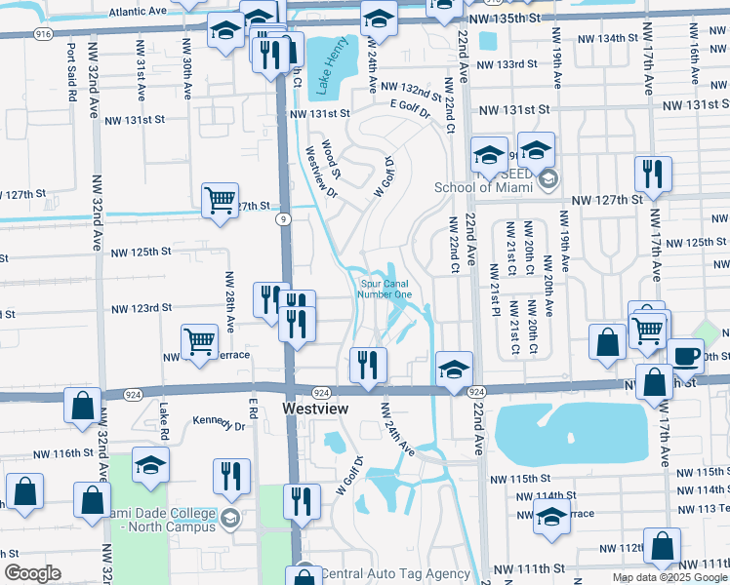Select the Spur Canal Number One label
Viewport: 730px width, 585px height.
pos(384,290)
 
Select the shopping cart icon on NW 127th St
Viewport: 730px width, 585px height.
pos(221,200)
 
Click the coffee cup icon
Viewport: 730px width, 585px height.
pos(685,354)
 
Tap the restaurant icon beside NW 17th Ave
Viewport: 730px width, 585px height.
pos(651,173)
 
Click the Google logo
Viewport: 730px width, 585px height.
pos(32,573)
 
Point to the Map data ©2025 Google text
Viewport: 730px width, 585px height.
pos(669,577)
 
